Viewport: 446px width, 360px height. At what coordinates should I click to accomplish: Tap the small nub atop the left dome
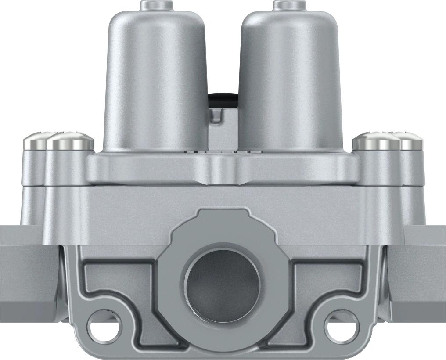tap(155, 6)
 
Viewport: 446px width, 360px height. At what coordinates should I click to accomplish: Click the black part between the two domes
tap(223, 99)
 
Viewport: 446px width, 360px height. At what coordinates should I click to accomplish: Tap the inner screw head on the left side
tap(70, 141)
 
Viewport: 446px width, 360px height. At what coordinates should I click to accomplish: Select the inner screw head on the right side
tap(376, 141)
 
